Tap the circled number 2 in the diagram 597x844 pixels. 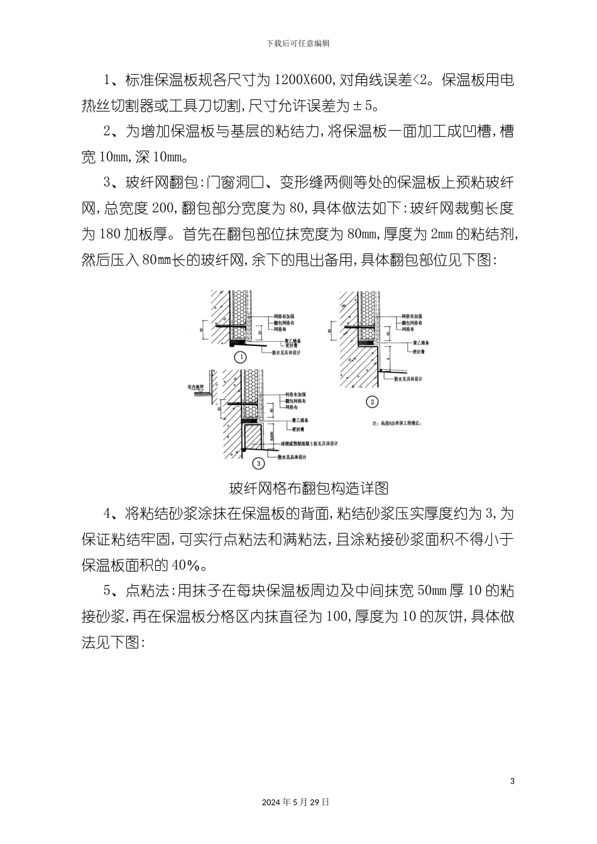coord(372,403)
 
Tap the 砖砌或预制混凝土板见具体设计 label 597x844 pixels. coord(308,444)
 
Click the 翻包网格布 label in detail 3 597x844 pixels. coord(293,401)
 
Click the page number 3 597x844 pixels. coord(513,781)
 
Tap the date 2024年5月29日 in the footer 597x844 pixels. coord(295,802)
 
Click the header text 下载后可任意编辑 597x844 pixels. coord(298,43)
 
